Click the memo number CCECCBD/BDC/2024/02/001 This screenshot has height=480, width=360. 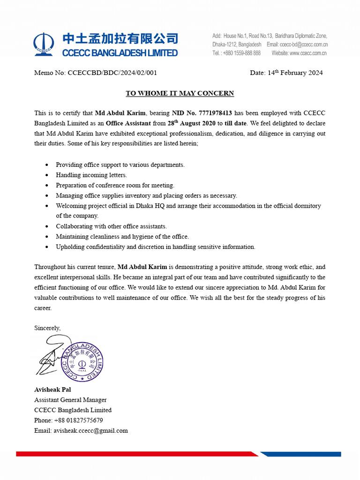tap(112, 73)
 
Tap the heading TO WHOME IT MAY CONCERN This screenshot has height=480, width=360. tap(180, 93)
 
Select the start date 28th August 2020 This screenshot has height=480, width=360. tap(192, 124)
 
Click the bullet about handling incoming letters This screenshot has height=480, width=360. tap(91, 175)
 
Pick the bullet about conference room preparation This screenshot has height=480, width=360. tap(115, 185)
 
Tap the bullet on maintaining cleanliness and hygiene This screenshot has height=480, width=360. tap(122, 237)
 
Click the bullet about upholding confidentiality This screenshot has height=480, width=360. tap(155, 247)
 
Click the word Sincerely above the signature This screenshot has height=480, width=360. tap(47, 328)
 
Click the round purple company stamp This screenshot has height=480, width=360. tap(82, 362)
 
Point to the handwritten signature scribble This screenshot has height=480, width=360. tap(52, 359)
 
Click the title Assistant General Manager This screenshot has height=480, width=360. tap(70, 400)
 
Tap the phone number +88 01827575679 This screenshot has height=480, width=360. tap(78, 420)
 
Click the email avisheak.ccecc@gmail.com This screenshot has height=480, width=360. tap(90, 431)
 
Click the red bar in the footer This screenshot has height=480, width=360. tap(136, 454)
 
